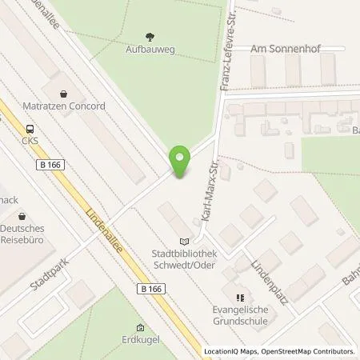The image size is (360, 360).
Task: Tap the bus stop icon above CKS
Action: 30,129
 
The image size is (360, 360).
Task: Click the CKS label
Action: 30,141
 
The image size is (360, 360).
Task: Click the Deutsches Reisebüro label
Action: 23,234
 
